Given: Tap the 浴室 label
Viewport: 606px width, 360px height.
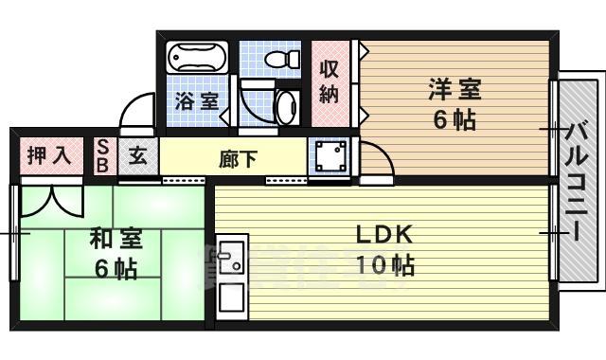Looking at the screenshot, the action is coord(197,99).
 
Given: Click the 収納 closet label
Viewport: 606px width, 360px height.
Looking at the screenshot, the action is coord(329,81).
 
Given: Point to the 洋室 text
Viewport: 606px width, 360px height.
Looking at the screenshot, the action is coord(454,91).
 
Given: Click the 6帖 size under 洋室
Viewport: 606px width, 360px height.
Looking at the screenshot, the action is coord(454,120).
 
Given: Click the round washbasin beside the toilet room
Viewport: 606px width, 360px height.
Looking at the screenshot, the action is coord(285,107).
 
